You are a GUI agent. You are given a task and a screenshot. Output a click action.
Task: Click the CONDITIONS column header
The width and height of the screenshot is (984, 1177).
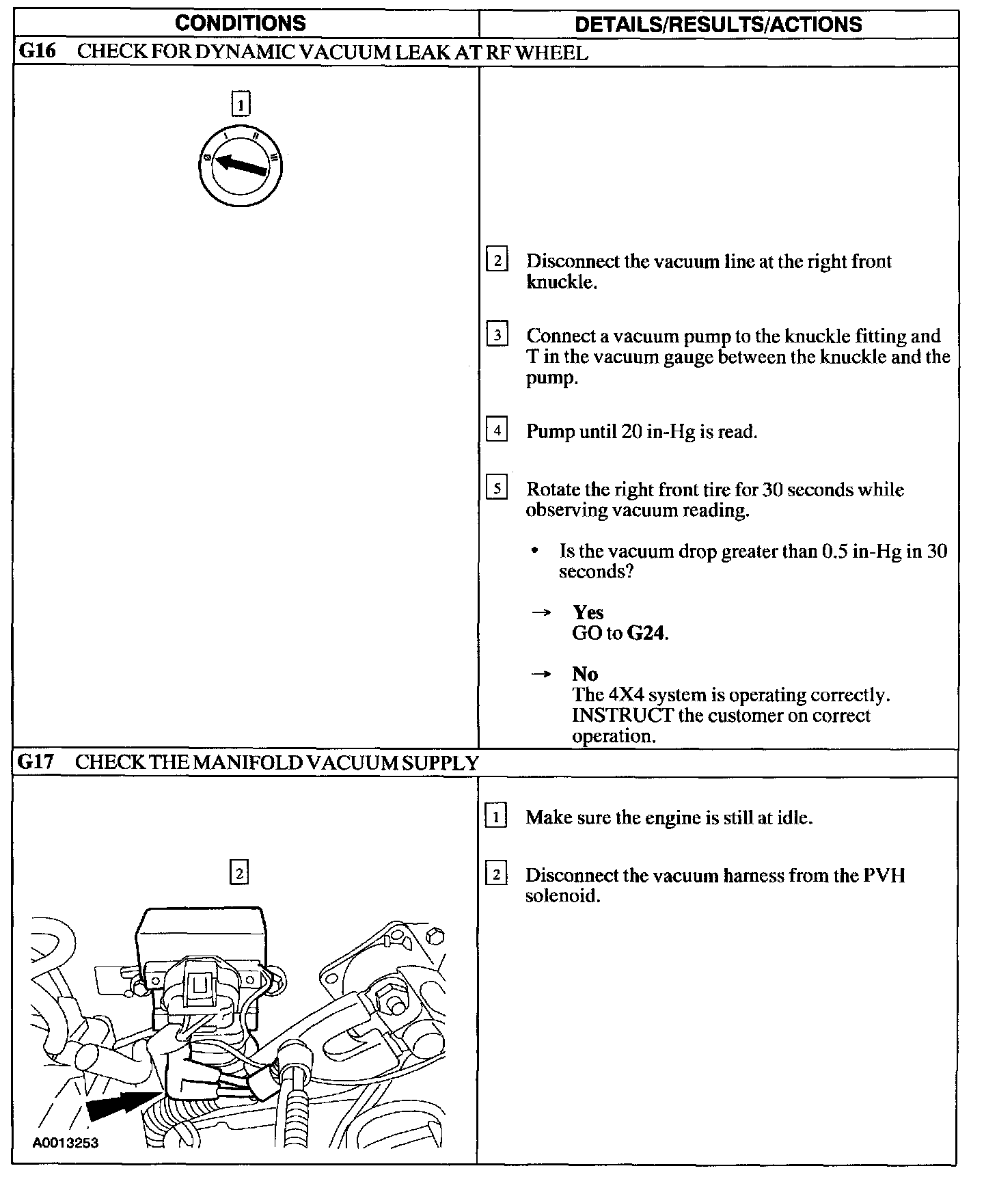241,23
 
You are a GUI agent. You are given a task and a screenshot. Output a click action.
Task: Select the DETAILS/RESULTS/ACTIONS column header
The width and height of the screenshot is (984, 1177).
718,25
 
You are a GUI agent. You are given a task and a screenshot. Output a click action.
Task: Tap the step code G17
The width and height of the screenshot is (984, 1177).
36,762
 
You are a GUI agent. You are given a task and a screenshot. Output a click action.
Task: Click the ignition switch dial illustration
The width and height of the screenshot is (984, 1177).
241,165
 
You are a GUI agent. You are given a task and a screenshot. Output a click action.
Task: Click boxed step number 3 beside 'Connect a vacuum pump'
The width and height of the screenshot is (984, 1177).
497,335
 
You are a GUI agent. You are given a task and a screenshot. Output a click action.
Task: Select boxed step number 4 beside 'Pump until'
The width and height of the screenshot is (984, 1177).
497,431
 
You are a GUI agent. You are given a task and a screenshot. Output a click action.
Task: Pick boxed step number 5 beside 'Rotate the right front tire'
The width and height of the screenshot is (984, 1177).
497,489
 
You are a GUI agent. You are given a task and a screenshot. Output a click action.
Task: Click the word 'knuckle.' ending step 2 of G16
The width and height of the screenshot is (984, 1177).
562,282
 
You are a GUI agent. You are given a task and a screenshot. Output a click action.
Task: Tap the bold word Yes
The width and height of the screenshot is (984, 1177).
588,612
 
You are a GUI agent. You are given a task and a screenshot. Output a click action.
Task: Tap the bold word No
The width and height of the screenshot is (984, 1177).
585,674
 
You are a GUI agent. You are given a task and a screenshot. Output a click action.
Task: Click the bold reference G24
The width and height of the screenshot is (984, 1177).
646,633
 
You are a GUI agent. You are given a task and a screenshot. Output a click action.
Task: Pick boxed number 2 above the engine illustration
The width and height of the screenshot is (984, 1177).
239,873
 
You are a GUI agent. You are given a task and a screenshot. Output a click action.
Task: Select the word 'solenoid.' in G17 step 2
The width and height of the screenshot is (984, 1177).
562,896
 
